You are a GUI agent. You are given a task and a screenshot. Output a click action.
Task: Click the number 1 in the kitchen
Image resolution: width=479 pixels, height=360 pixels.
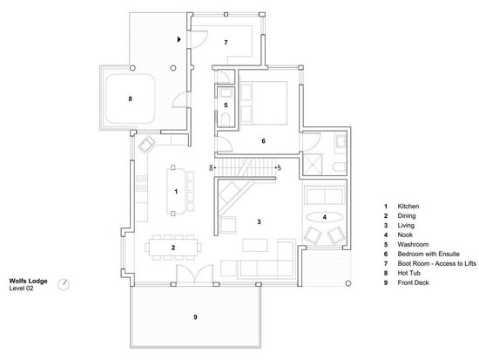coord(176,190)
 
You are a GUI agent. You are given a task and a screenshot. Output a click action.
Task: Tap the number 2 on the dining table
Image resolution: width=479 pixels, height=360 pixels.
coord(173,248)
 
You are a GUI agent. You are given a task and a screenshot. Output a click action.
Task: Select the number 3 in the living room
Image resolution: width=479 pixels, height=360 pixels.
coord(259,222)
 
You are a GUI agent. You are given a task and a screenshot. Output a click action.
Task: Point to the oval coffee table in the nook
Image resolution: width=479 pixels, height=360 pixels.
coord(325,216)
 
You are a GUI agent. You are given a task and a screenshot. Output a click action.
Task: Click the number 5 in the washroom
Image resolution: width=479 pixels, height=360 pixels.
coord(225,105)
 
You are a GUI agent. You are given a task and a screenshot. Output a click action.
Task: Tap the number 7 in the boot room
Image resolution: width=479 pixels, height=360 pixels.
coord(225,42)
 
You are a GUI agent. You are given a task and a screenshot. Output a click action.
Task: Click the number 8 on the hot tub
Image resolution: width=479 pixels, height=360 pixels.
coord(130,99)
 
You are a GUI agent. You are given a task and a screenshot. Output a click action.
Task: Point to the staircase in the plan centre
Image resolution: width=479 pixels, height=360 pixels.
coord(246,165)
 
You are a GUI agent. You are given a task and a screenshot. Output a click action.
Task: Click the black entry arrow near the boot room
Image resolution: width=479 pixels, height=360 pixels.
coord(179,39)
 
